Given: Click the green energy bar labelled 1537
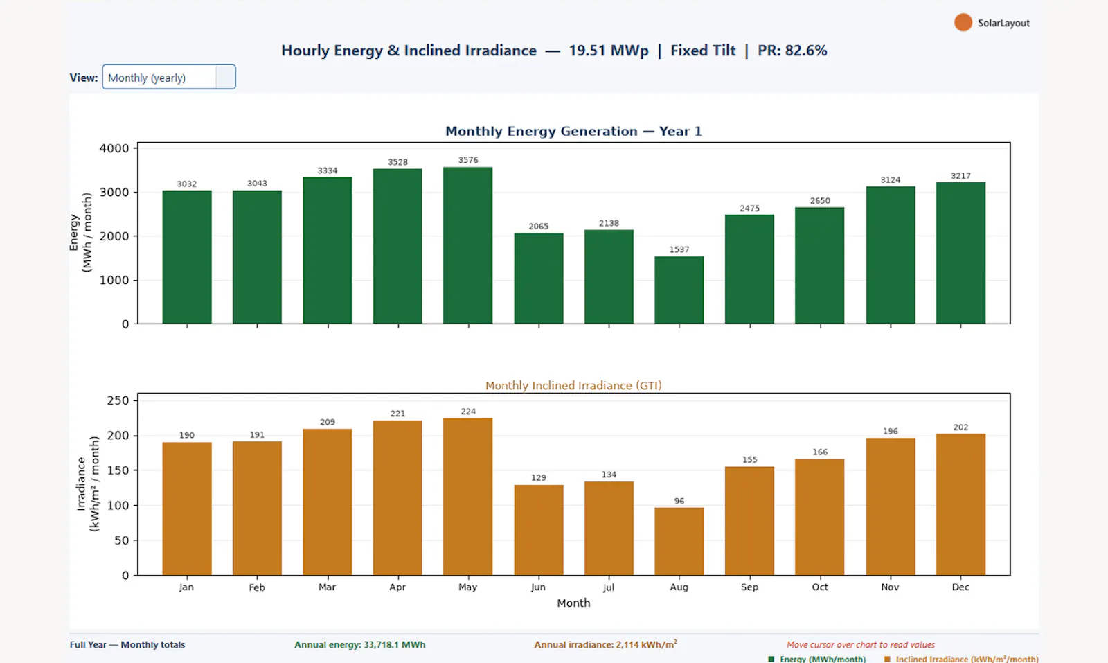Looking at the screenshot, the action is [679, 290].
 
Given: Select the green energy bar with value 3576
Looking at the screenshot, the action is [468, 245].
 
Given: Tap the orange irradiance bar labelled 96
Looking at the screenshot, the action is [679, 541].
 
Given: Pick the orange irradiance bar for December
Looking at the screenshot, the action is [960, 504].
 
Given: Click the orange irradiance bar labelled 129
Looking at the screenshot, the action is [539, 530].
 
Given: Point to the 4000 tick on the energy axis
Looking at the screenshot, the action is [114, 148].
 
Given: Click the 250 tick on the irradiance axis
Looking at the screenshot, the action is [118, 400].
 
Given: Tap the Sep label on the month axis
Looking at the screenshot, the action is [749, 587].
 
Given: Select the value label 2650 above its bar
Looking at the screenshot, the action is [820, 200].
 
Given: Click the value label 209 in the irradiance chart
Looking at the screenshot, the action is [328, 422].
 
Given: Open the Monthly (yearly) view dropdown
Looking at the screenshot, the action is [169, 77].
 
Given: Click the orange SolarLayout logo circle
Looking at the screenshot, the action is [963, 23].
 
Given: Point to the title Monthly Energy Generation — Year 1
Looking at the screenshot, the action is [573, 131].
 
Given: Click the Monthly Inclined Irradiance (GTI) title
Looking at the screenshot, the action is [573, 385].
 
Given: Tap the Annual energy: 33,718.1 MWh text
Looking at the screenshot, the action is [359, 645].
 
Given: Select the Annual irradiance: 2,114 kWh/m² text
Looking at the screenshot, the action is [605, 644].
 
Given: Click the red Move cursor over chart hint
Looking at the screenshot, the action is [861, 645].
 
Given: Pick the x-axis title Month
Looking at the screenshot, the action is [573, 603].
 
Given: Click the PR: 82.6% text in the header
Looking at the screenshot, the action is [792, 51].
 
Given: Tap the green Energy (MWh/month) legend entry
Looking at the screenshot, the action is [816, 659].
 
